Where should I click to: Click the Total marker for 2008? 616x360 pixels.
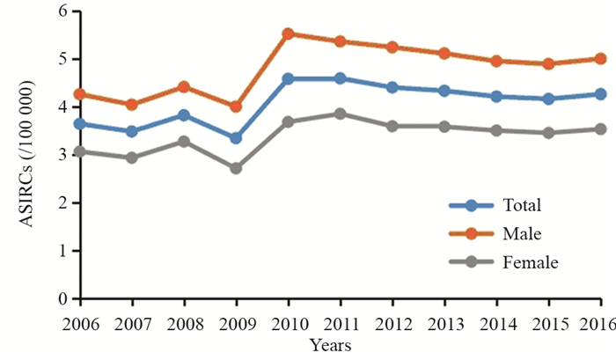pyautogui.click(x=183, y=115)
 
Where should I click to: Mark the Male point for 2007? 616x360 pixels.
pyautogui.click(x=131, y=104)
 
